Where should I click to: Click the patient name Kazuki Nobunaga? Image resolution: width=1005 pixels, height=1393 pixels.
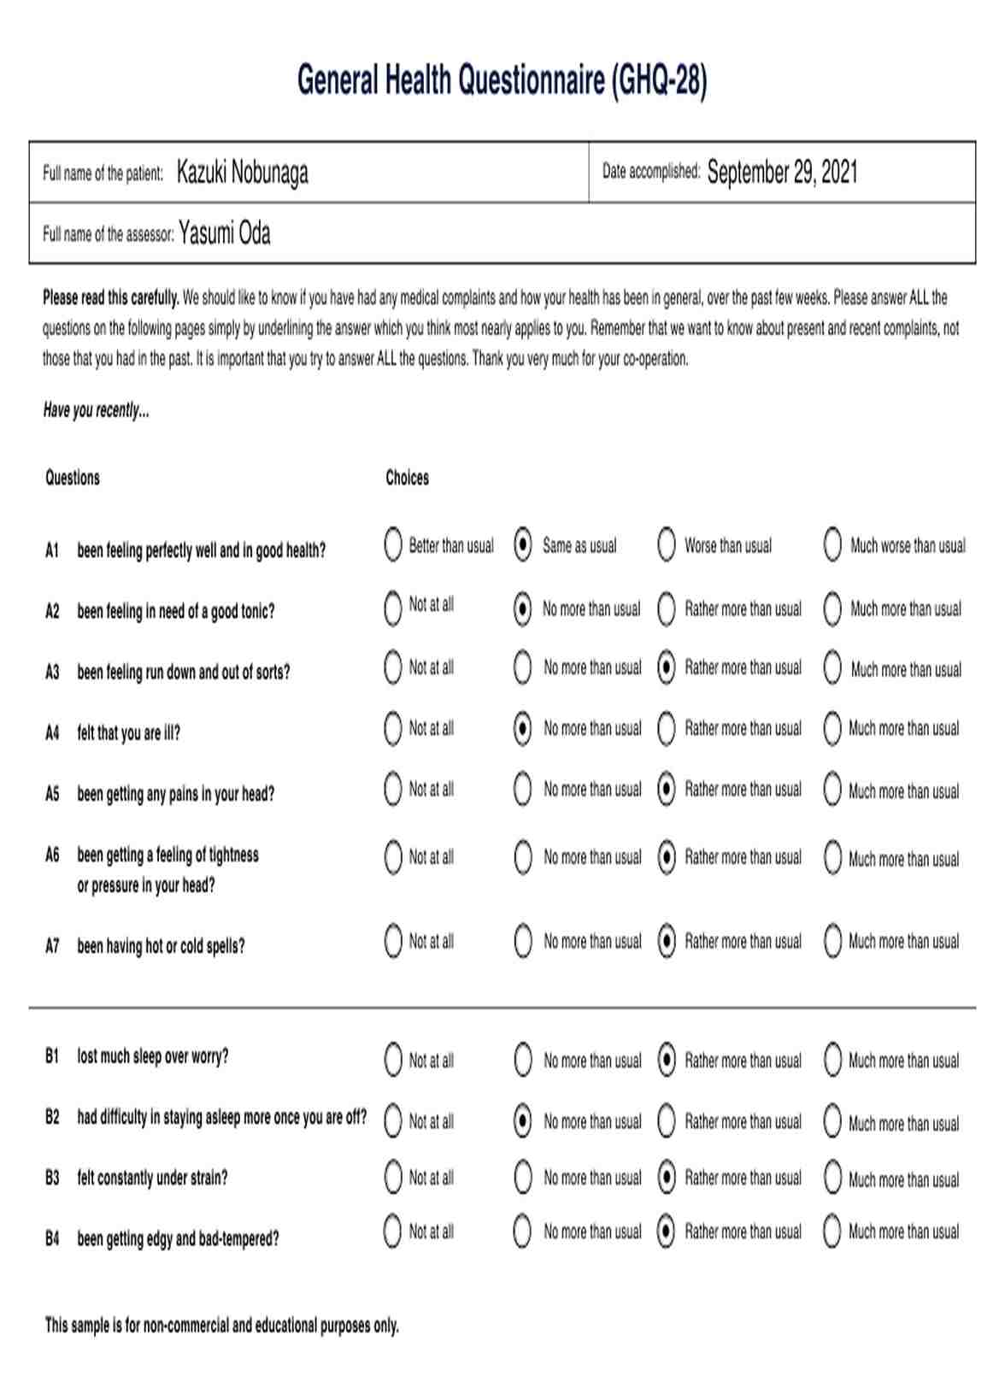tap(242, 173)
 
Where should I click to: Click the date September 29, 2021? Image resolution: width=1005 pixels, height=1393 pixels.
tap(782, 173)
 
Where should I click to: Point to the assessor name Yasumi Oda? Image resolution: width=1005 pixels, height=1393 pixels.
tap(225, 234)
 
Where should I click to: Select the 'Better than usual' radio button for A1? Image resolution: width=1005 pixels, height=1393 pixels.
tap(393, 545)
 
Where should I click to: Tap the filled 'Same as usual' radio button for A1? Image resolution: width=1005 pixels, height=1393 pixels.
tap(523, 545)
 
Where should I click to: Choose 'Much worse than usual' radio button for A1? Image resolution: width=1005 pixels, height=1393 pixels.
tap(832, 545)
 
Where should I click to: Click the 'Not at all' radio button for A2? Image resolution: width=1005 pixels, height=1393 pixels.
tap(393, 608)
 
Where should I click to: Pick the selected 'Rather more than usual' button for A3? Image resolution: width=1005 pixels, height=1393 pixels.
tap(667, 668)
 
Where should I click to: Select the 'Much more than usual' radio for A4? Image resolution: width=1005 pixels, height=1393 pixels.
tap(832, 729)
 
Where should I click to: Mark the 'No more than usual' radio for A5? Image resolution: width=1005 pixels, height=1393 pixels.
tap(523, 790)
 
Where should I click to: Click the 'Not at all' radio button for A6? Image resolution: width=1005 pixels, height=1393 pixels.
tap(393, 857)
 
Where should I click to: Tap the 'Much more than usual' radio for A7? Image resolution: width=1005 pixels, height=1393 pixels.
tap(832, 942)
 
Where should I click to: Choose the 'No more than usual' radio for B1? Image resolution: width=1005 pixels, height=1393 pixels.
tap(523, 1061)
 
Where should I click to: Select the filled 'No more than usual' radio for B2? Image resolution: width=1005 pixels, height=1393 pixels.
tap(523, 1121)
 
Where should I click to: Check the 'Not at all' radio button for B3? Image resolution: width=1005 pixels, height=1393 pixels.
tap(393, 1178)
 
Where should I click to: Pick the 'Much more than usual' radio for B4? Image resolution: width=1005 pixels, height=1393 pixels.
tap(832, 1231)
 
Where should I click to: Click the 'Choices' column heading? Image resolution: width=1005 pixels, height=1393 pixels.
tap(407, 478)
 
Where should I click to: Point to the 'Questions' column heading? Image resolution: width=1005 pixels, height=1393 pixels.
tap(73, 478)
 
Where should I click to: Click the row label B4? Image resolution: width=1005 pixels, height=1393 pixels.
tap(52, 1238)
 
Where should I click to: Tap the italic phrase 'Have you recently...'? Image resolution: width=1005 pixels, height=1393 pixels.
tap(96, 411)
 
